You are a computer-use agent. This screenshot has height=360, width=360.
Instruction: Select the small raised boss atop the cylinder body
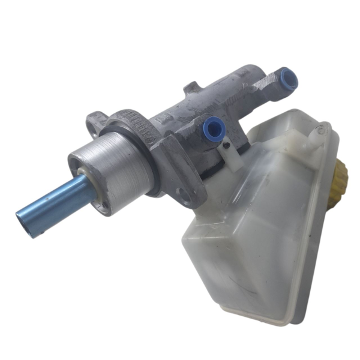tap(191, 88)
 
